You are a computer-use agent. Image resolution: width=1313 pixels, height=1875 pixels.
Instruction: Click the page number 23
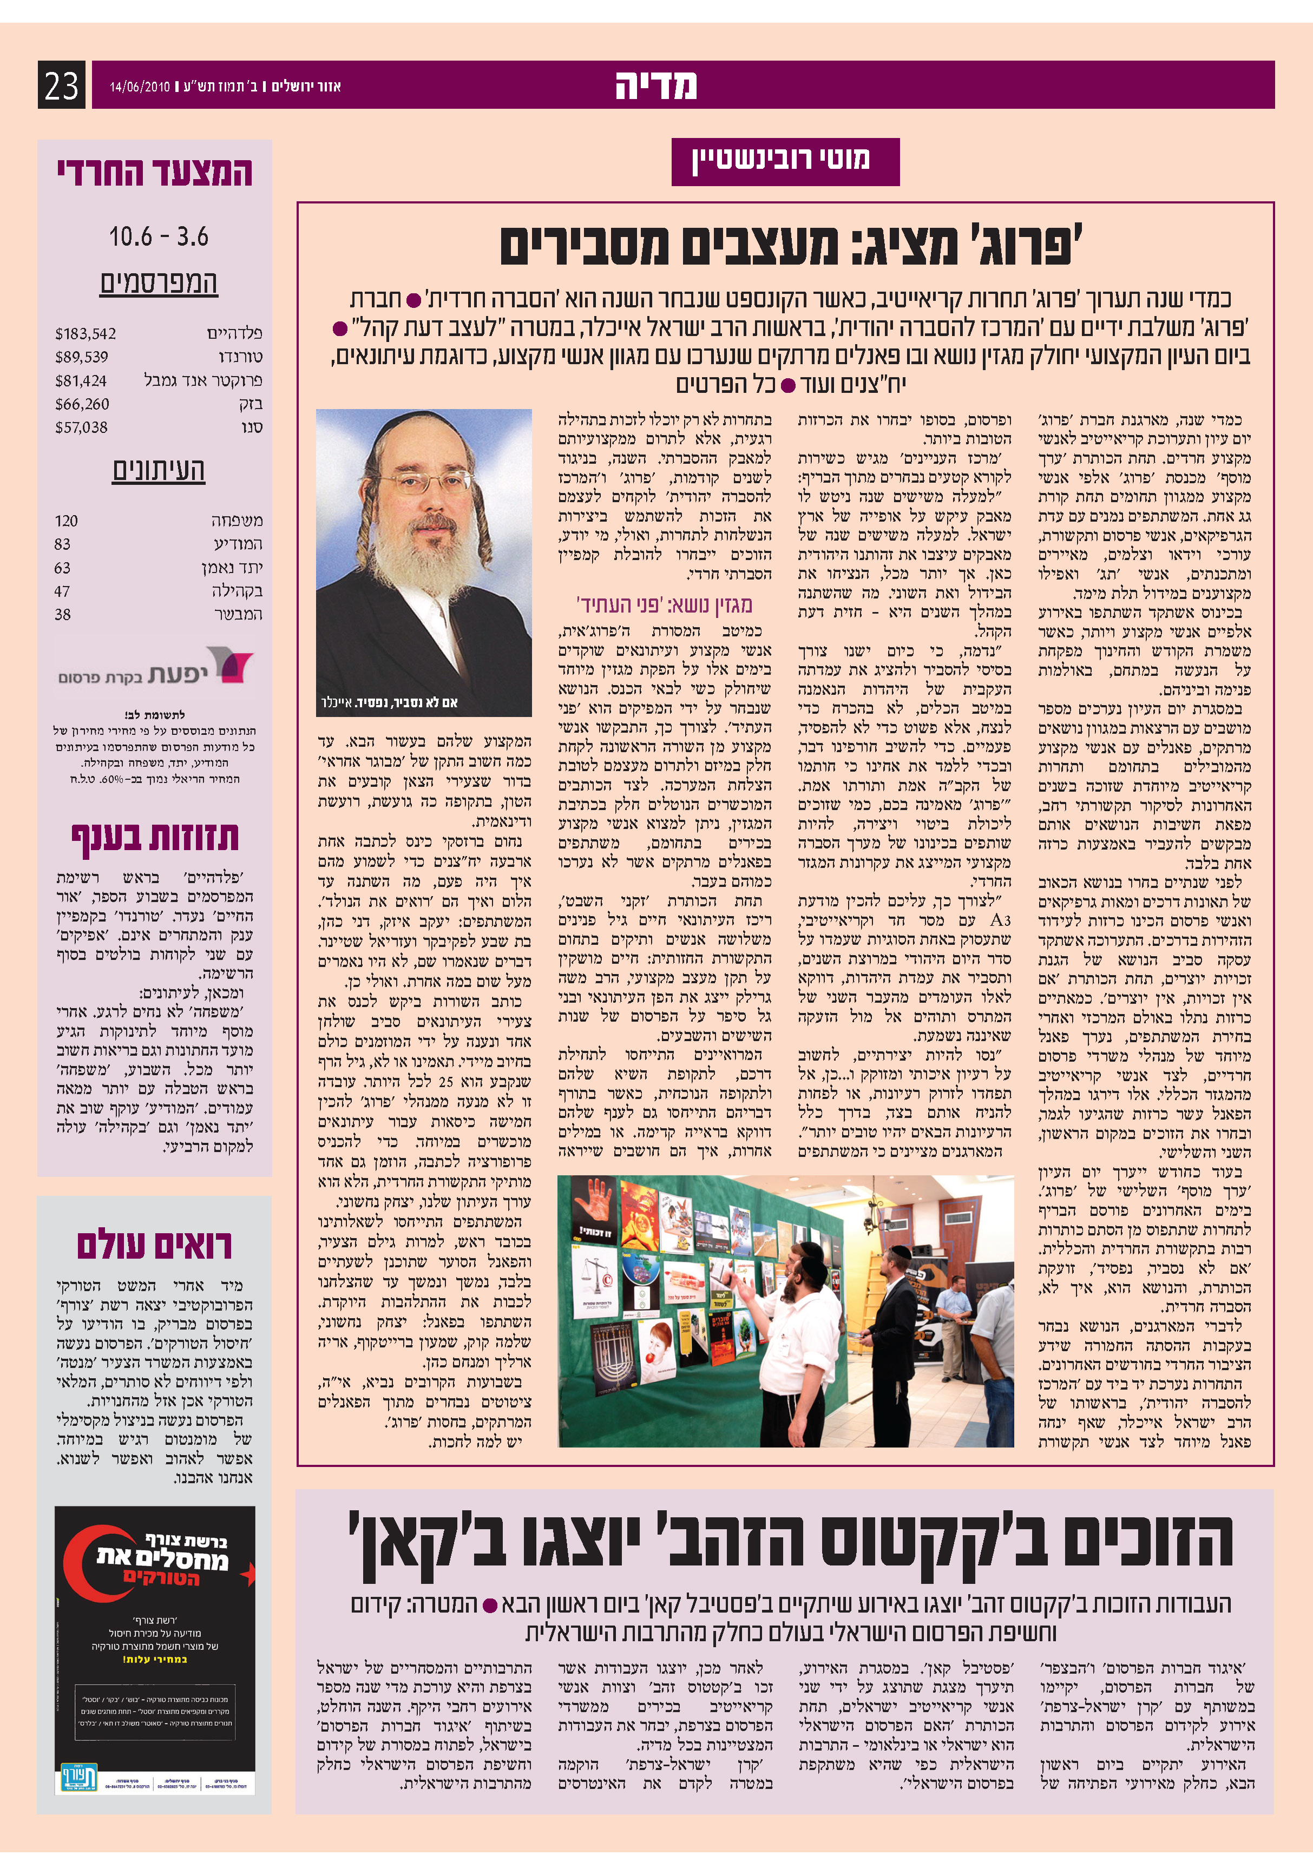coord(61,85)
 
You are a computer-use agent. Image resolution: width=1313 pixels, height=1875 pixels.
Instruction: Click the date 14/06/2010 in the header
coord(140,87)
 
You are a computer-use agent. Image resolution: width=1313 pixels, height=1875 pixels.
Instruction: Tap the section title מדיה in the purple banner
coord(655,85)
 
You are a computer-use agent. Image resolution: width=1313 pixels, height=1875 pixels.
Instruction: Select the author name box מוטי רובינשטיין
coord(785,161)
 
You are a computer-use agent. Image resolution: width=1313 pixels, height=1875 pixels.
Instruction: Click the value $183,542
coord(86,334)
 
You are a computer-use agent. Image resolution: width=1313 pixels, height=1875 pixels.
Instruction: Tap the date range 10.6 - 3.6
coord(159,238)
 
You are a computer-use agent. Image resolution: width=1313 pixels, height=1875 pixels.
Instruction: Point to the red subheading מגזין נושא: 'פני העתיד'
coord(664,605)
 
